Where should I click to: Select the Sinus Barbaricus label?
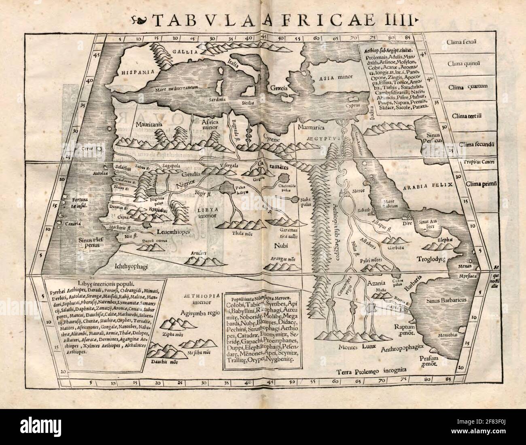pyautogui.click(x=447, y=301)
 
